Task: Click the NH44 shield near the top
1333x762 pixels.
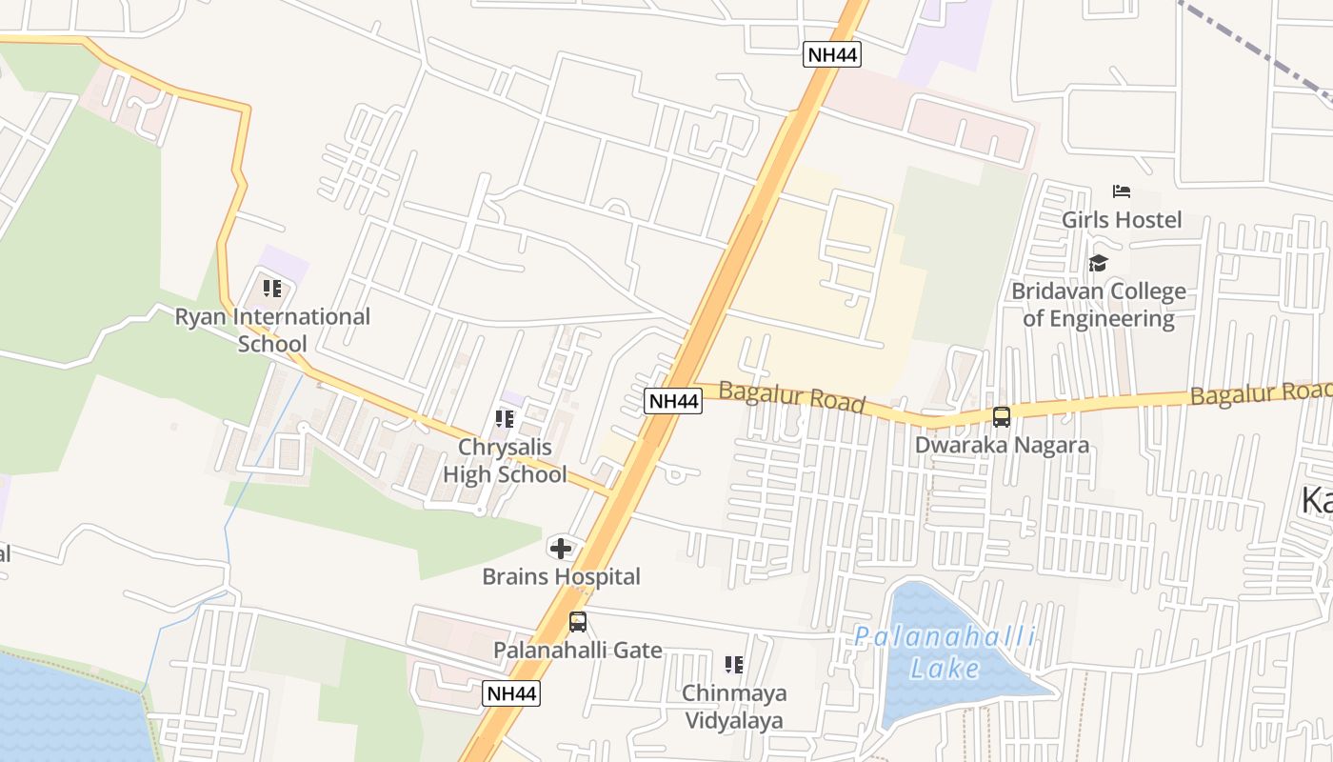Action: click(x=832, y=54)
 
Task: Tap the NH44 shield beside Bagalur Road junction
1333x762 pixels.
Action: click(x=673, y=401)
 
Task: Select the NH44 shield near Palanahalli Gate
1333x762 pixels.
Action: click(x=512, y=693)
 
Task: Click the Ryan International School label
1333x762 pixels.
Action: click(x=272, y=330)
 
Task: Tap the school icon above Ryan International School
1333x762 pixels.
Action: click(x=272, y=288)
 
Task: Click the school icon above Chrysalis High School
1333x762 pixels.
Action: click(x=505, y=418)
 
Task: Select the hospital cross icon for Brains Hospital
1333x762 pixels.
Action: click(x=561, y=548)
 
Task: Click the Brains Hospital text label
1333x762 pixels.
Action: click(x=561, y=576)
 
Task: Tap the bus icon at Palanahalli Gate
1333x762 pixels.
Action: click(x=578, y=622)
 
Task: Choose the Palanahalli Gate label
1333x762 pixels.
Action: click(x=578, y=651)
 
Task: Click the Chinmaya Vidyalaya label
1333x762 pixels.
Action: click(x=733, y=706)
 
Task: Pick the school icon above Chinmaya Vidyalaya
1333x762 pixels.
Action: click(x=733, y=664)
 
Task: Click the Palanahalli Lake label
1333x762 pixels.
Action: click(x=945, y=652)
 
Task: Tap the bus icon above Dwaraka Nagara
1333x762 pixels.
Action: click(x=1002, y=416)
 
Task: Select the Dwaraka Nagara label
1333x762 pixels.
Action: click(x=1002, y=445)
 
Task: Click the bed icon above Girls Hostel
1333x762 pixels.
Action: click(x=1122, y=191)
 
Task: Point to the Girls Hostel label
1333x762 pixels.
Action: click(x=1122, y=220)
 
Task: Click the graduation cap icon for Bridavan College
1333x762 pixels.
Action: click(x=1099, y=263)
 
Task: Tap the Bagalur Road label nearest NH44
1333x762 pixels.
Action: click(x=792, y=397)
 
